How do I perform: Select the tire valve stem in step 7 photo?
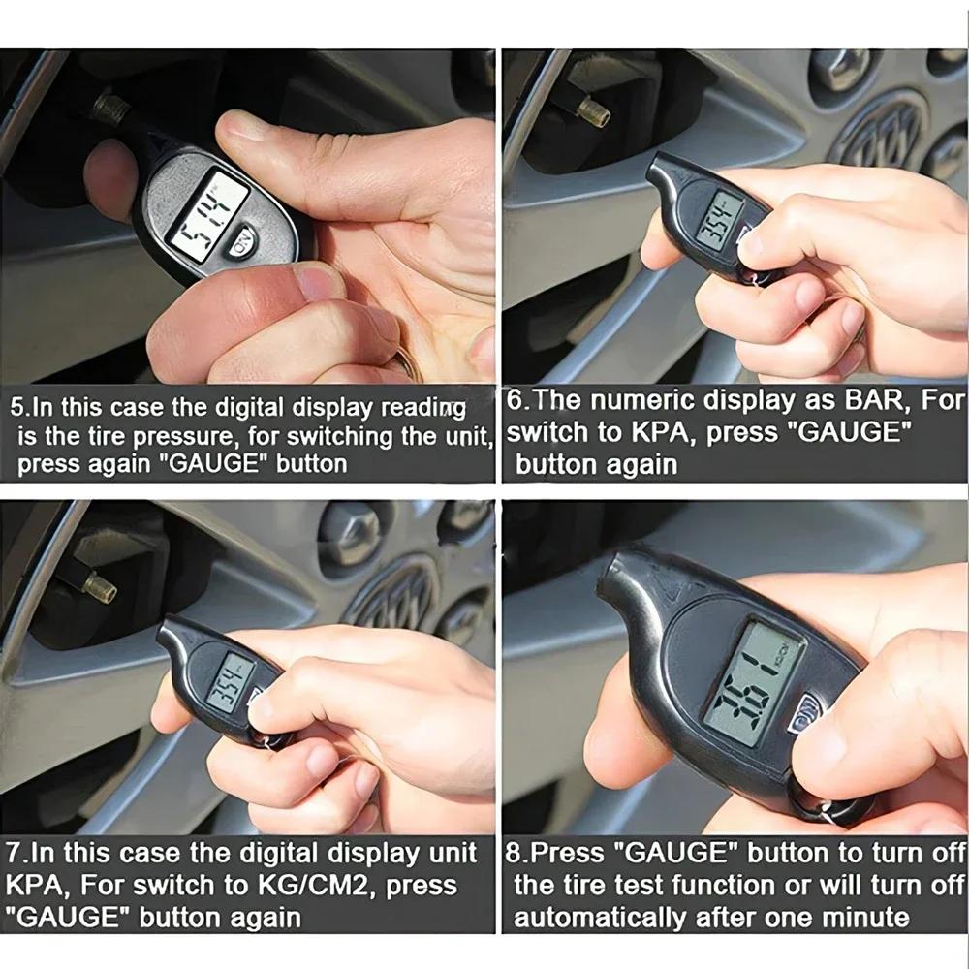coord(99,585)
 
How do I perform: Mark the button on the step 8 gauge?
coord(803,719)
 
